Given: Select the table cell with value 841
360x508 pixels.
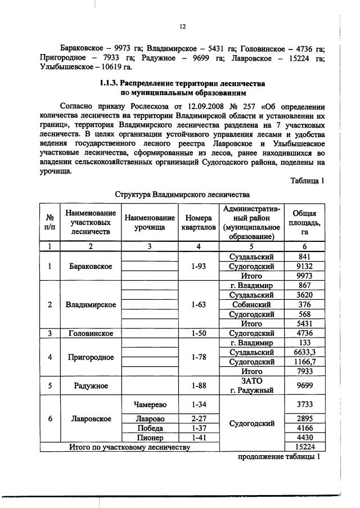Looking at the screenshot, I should point(304,257).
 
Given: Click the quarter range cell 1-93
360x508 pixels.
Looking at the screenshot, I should point(197,266).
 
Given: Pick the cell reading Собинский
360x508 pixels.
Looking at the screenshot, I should point(251,304).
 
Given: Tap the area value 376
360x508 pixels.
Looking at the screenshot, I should point(304,304).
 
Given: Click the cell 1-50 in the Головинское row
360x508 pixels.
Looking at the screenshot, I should point(197,333).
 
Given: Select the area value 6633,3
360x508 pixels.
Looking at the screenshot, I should point(304,352).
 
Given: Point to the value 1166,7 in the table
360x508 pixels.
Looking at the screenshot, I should point(304,362).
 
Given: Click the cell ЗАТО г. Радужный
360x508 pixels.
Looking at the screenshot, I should point(251,386).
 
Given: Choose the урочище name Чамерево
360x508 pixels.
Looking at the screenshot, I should point(150,404).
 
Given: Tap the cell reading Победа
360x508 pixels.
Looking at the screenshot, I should point(150,428).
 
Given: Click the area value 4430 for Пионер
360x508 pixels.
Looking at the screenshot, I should point(304,438).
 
